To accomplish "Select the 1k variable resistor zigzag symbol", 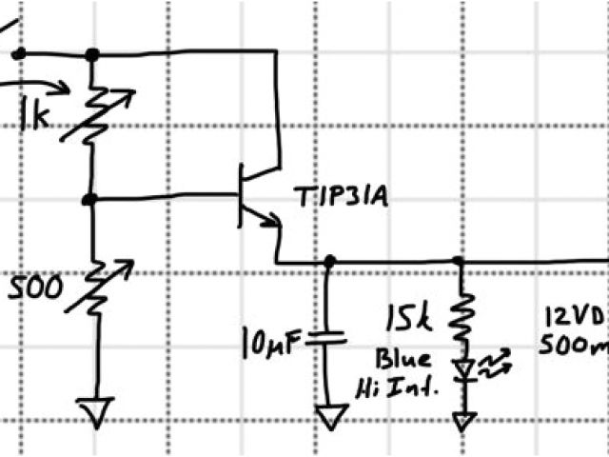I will [93, 111].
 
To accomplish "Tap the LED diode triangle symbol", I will [462, 367].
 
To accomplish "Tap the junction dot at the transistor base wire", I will [90, 200].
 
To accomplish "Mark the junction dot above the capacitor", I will [328, 261].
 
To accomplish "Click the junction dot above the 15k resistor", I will [459, 261].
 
